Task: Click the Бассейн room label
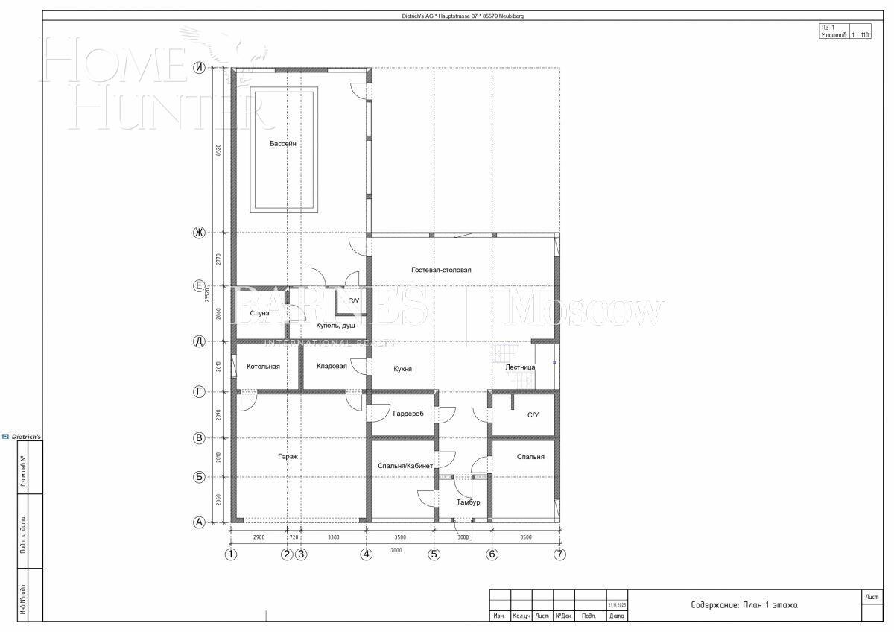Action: click(283, 144)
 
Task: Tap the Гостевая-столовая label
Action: click(441, 270)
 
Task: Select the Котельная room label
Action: click(263, 367)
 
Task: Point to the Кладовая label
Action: click(332, 366)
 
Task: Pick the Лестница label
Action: click(520, 367)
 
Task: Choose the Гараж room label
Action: click(288, 456)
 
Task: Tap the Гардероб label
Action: click(408, 414)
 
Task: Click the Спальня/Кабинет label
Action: click(405, 466)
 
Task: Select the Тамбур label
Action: click(469, 502)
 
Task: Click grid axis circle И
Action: click(199, 68)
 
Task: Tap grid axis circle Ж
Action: click(199, 233)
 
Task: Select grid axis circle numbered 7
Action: click(559, 554)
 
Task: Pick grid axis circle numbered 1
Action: click(231, 554)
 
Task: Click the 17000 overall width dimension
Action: click(395, 551)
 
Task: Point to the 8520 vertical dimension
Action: click(218, 150)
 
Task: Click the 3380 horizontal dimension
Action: click(333, 537)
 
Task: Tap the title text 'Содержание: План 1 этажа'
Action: click(744, 605)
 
